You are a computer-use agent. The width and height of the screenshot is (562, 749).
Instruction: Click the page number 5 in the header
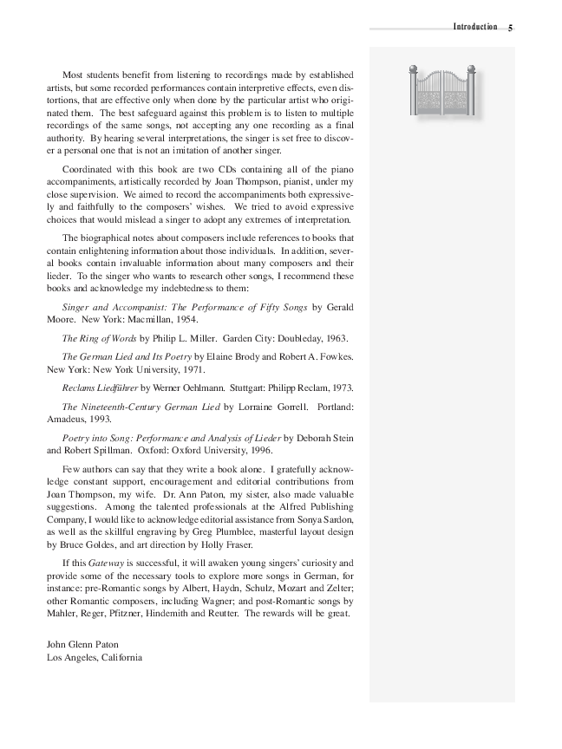[511, 28]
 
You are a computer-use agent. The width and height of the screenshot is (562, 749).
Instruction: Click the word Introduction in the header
[475, 27]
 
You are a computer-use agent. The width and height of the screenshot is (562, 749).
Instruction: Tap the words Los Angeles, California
[95, 657]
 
